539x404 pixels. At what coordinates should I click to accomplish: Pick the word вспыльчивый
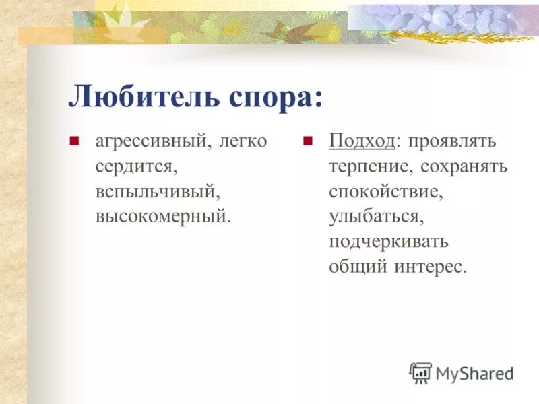click(158, 192)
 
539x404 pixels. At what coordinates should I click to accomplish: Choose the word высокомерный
click(162, 217)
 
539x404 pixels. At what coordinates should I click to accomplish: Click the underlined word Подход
click(362, 142)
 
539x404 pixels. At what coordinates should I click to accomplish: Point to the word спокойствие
click(386, 192)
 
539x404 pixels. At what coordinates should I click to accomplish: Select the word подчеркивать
click(389, 242)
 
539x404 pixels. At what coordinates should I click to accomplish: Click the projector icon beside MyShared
click(420, 373)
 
